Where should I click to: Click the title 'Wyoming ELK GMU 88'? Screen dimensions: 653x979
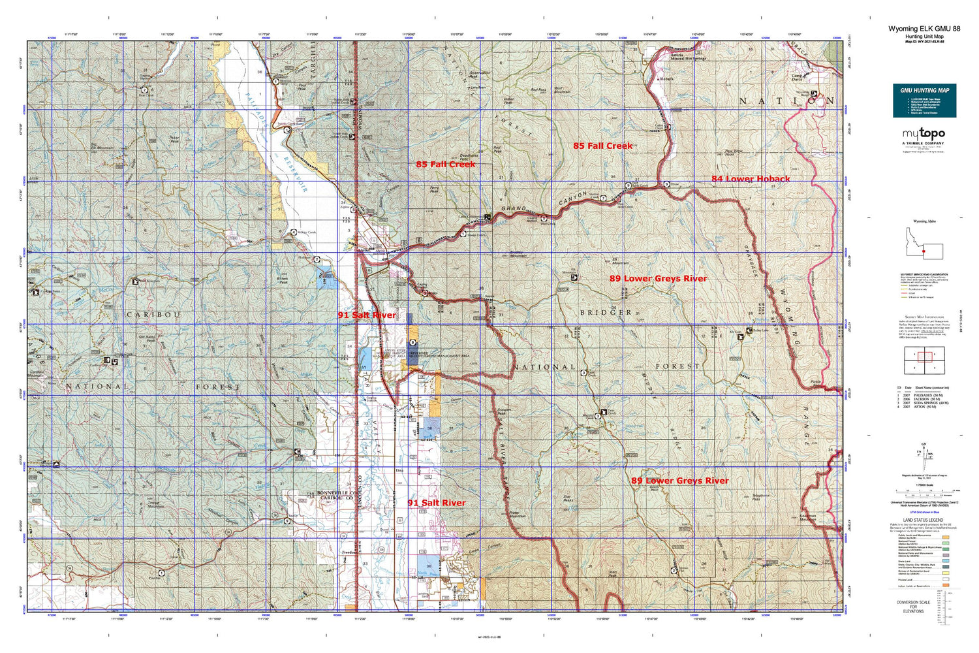pyautogui.click(x=924, y=29)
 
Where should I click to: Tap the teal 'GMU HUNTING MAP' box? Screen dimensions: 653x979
pyautogui.click(x=924, y=101)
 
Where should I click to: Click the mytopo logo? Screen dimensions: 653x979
pyautogui.click(x=924, y=134)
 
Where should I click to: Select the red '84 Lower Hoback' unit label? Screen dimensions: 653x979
pyautogui.click(x=751, y=179)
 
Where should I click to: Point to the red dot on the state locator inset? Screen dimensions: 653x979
pyautogui.click(x=924, y=251)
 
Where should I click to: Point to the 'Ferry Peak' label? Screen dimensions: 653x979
pyautogui.click(x=435, y=189)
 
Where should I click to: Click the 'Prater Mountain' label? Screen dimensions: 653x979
pyautogui.click(x=517, y=514)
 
